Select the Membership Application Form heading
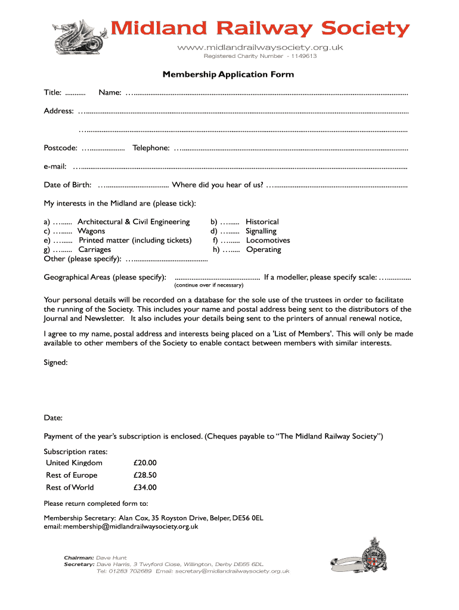coord(228,74)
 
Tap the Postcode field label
coord(60,148)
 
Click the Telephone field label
coord(151,148)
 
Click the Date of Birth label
coord(67,185)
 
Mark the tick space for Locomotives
coord(230,241)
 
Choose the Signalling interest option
coord(261,231)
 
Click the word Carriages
coord(95,250)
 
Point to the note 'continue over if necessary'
coord(209,285)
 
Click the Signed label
coord(55,362)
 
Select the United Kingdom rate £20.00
coord(145,463)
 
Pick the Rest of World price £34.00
coord(145,487)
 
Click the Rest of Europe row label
coord(72,475)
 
